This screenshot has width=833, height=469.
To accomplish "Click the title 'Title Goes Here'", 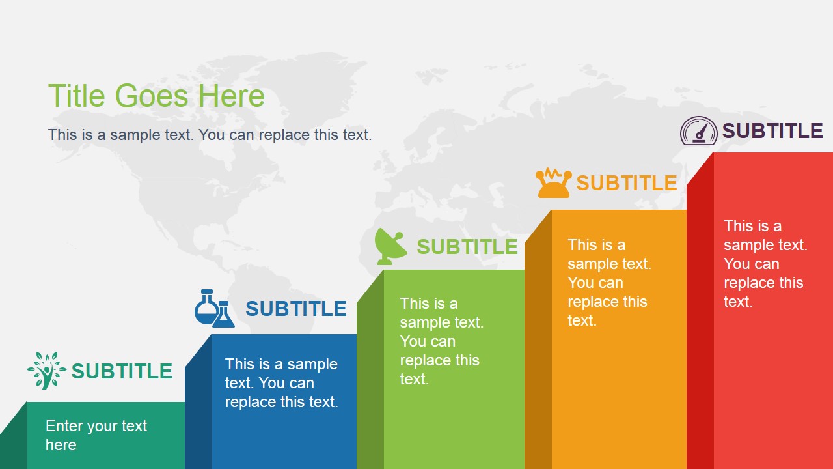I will [x=156, y=96].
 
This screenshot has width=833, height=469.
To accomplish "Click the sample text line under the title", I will [x=210, y=135].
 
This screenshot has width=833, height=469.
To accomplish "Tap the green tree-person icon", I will [x=46, y=370].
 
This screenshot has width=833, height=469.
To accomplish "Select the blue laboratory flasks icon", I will [x=214, y=308].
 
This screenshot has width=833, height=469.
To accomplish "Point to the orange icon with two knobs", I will [x=553, y=183].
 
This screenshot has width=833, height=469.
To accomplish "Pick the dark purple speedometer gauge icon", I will [x=698, y=131].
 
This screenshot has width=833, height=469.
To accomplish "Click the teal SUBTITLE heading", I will [x=122, y=371].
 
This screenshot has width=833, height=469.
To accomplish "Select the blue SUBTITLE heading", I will [x=295, y=308].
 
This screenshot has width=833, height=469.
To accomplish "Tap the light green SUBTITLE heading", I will [x=467, y=246].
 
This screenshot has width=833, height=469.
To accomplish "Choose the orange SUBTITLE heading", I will [x=627, y=183].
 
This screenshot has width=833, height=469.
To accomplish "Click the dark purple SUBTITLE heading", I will [x=772, y=131].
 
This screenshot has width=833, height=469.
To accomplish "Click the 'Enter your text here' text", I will [x=96, y=435].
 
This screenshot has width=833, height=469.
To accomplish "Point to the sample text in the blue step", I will [x=281, y=383].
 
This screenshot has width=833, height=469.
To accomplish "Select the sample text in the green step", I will [x=441, y=341].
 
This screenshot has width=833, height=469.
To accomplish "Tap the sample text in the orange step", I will [x=608, y=282].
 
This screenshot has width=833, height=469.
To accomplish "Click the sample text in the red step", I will [x=765, y=263].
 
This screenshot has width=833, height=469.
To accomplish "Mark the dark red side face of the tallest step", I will [x=700, y=313].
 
